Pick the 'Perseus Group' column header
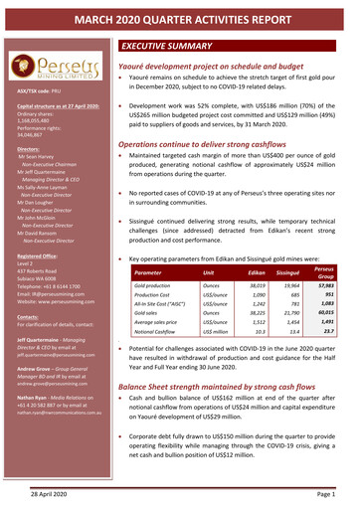(x=323, y=243)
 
